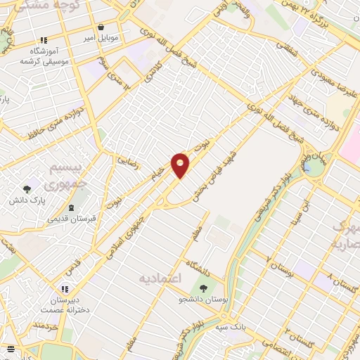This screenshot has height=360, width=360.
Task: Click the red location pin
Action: pyautogui.click(x=181, y=165)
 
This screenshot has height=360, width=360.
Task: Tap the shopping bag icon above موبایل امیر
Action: pyautogui.click(x=102, y=27)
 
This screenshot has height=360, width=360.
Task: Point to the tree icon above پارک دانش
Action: pyautogui.click(x=27, y=189)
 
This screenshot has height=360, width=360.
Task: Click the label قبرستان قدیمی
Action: pyautogui.click(x=72, y=218)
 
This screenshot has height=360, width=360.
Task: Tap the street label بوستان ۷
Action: pyautogui.click(x=279, y=267)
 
